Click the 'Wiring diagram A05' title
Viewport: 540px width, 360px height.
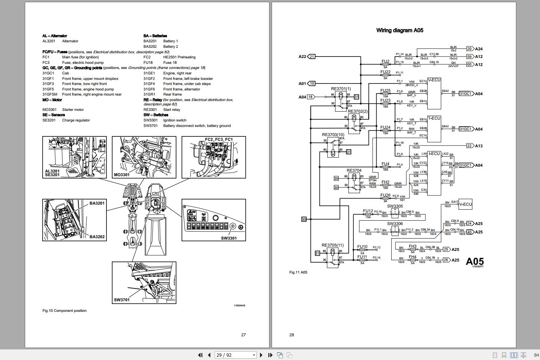(x=400, y=31)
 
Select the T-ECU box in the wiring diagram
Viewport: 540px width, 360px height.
(x=434, y=129)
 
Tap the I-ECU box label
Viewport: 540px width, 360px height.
(x=434, y=154)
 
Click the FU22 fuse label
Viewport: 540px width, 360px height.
(x=385, y=72)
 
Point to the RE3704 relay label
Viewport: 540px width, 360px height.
(x=354, y=170)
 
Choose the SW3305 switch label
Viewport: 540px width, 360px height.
(x=395, y=206)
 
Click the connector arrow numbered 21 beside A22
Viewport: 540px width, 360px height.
(x=312, y=57)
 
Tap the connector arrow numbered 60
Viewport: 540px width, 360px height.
(x=469, y=65)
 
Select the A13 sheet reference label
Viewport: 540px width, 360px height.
(x=479, y=146)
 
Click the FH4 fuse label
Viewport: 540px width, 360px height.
(x=412, y=257)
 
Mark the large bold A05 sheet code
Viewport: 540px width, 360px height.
(x=475, y=261)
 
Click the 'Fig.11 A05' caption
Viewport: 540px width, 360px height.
(x=298, y=272)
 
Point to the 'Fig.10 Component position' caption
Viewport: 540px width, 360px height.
(x=65, y=311)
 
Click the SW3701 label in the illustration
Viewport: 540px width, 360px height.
(x=121, y=300)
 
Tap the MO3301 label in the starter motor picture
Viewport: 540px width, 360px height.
(x=121, y=175)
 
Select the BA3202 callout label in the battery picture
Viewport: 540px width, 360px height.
(x=97, y=237)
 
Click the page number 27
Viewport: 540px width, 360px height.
(x=244, y=334)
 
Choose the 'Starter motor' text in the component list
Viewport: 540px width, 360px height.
(x=73, y=110)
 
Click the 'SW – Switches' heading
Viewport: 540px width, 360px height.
(x=156, y=115)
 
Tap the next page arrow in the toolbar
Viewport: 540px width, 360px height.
(x=261, y=355)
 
